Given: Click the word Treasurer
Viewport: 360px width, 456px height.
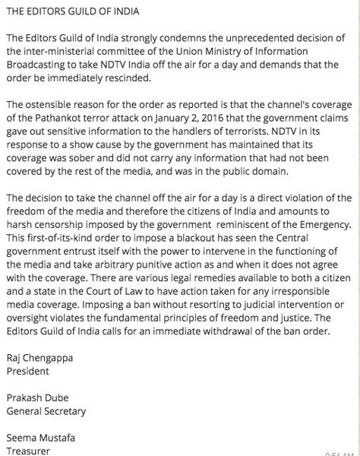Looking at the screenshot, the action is point(28,451).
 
